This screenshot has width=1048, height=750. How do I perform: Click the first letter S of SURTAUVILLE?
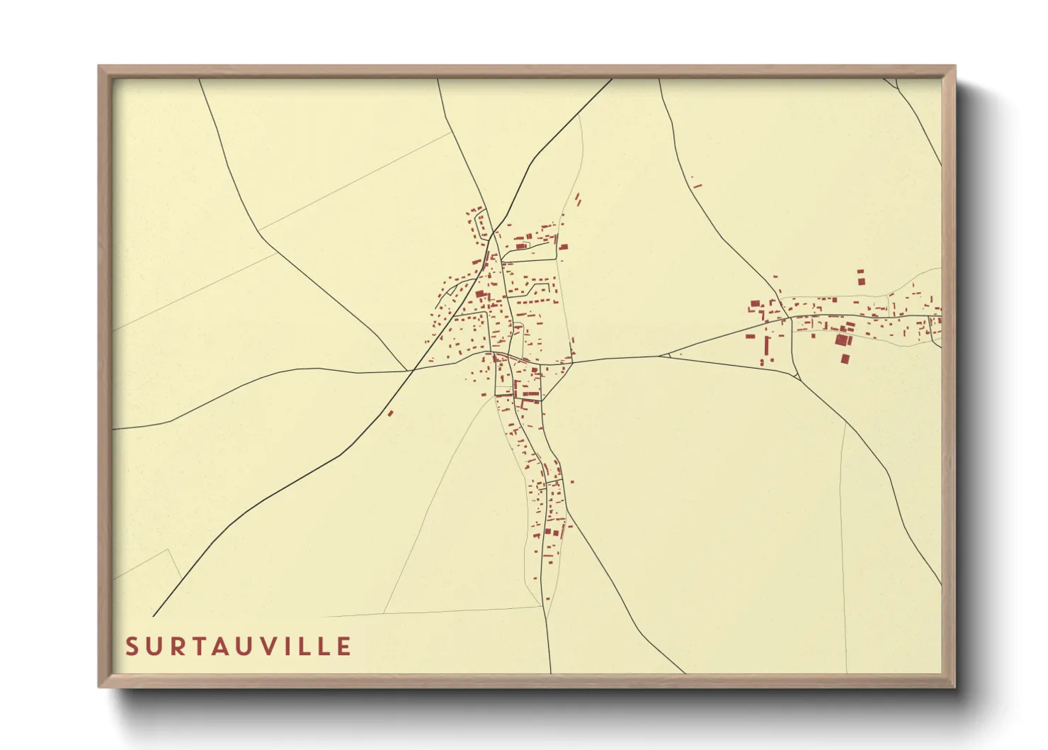[132, 647]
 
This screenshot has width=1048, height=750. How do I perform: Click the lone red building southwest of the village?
[389, 413]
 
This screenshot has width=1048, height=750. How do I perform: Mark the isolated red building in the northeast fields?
[697, 185]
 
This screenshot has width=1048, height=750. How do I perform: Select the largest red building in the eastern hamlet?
[841, 340]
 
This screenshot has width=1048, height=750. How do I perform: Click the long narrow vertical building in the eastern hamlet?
[768, 347]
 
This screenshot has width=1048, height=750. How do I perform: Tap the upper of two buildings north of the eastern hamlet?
[861, 272]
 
